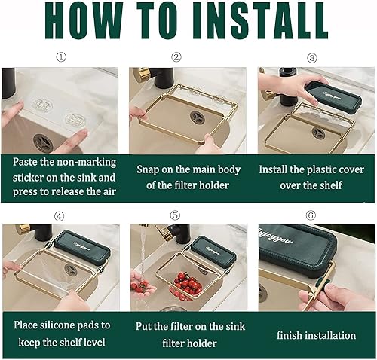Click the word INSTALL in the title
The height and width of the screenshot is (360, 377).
click(x=261, y=20)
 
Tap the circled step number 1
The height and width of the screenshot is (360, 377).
click(x=61, y=57)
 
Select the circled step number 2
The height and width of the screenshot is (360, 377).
click(x=176, y=57)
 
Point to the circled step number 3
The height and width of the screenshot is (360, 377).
click(x=312, y=58)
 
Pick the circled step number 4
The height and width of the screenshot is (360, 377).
click(x=60, y=216)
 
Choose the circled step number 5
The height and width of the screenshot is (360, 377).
click(x=175, y=215)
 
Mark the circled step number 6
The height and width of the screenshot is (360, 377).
click(x=311, y=215)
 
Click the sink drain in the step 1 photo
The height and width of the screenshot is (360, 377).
click(x=43, y=143)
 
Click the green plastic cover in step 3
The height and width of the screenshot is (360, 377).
click(x=333, y=97)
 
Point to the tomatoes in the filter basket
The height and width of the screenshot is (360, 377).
click(x=187, y=285)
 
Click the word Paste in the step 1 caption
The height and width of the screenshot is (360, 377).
click(x=25, y=162)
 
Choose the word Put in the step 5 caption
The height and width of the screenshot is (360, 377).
click(x=143, y=326)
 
